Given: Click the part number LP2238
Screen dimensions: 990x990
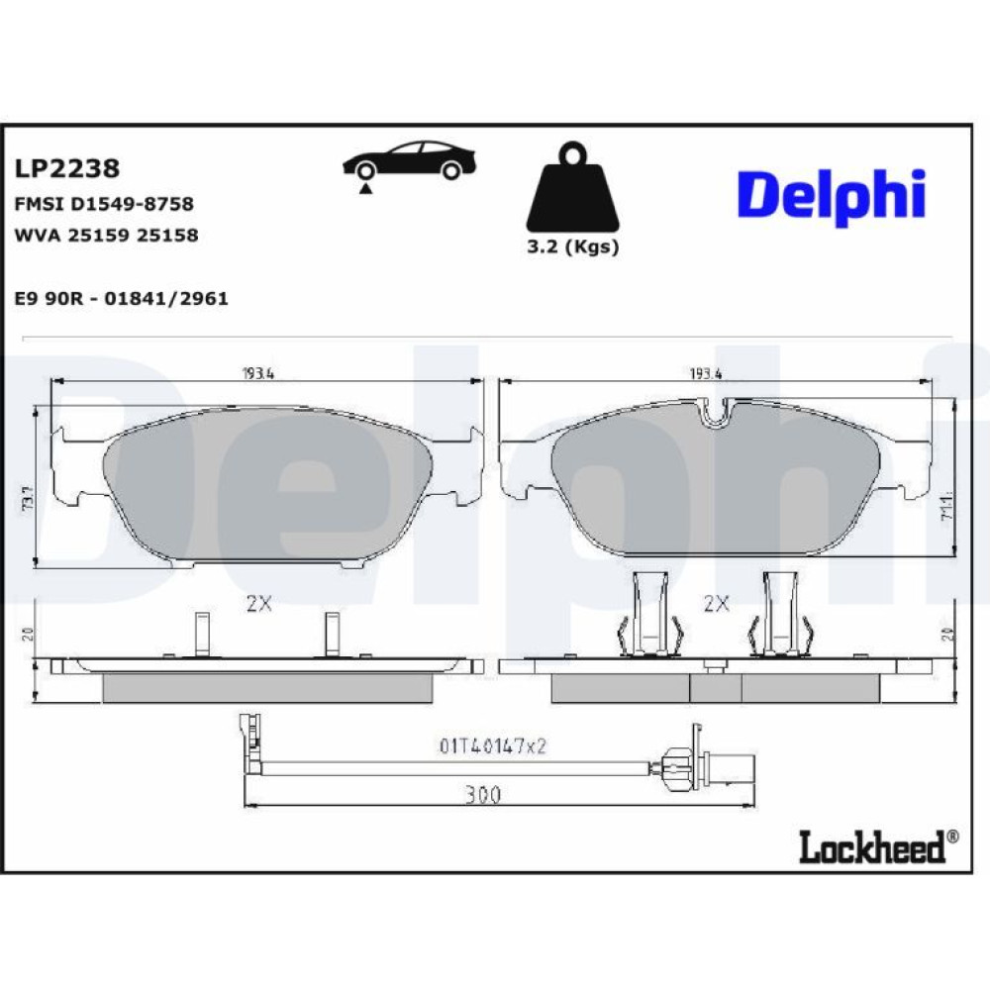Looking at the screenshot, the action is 67,168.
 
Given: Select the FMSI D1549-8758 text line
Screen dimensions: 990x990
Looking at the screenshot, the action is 104,204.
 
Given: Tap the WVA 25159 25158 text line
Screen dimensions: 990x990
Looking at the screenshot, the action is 106,235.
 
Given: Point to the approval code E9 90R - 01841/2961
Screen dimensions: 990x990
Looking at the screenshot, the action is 121,298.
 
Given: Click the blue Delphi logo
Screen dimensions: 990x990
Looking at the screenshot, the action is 832,196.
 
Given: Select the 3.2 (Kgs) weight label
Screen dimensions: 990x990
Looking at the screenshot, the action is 572,247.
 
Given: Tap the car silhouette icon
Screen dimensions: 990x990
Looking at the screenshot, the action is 409,160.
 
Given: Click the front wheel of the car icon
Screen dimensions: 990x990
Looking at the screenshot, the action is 364,171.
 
